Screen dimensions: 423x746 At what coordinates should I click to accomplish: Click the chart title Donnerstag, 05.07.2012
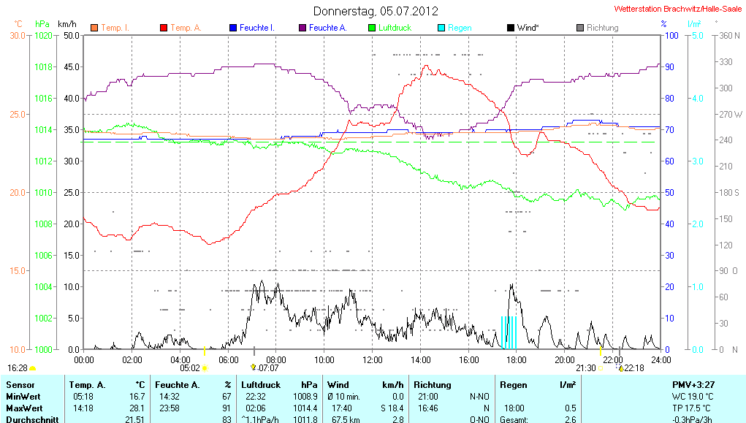[376, 11]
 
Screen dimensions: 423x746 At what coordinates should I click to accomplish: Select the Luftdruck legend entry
[394, 28]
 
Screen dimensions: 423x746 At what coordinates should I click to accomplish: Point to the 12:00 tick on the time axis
[372, 359]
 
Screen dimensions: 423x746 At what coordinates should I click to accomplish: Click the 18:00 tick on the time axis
[516, 359]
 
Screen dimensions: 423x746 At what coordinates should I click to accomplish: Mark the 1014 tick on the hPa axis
[45, 130]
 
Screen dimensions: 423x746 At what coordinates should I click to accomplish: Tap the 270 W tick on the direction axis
[731, 115]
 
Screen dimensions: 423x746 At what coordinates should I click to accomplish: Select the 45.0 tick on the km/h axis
[70, 67]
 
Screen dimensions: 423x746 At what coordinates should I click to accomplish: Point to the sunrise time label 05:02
[189, 368]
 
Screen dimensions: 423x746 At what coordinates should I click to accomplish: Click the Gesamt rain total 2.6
[570, 419]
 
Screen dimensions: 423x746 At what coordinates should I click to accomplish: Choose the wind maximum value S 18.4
[390, 408]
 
